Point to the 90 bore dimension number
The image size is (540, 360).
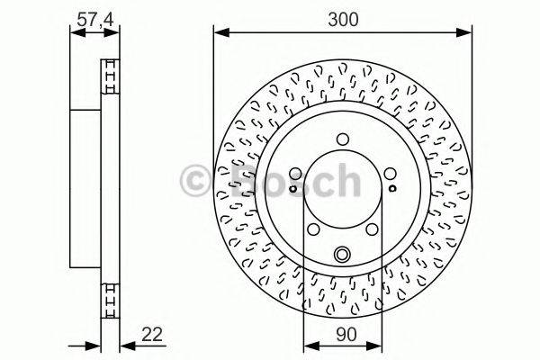[342, 335]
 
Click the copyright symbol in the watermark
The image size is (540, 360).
[197, 181]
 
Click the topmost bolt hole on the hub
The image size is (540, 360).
[342, 139]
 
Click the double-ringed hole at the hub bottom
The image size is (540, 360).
[342, 256]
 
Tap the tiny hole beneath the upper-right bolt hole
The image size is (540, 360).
[392, 189]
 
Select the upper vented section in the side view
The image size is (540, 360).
[111, 76]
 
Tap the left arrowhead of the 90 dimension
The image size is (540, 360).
[309, 345]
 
